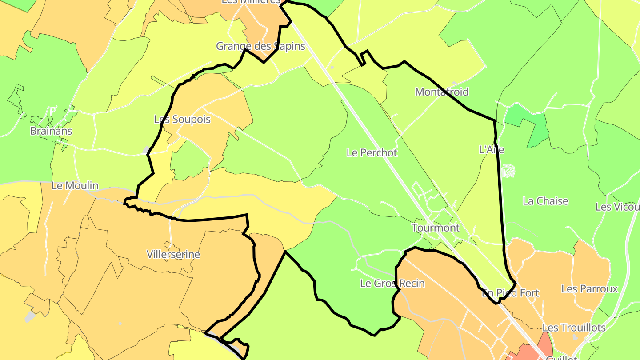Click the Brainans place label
(51, 131)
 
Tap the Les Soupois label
(182, 120)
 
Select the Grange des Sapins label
(260, 46)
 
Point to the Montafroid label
(442, 92)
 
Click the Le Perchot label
(372, 152)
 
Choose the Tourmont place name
(436, 228)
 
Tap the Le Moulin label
(75, 186)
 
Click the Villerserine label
(173, 255)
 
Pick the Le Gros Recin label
(392, 284)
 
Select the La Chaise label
(545, 201)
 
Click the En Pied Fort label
(510, 293)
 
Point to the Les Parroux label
(589, 289)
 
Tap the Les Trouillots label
(574, 328)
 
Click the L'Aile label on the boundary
(492, 150)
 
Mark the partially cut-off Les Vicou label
(617, 207)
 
